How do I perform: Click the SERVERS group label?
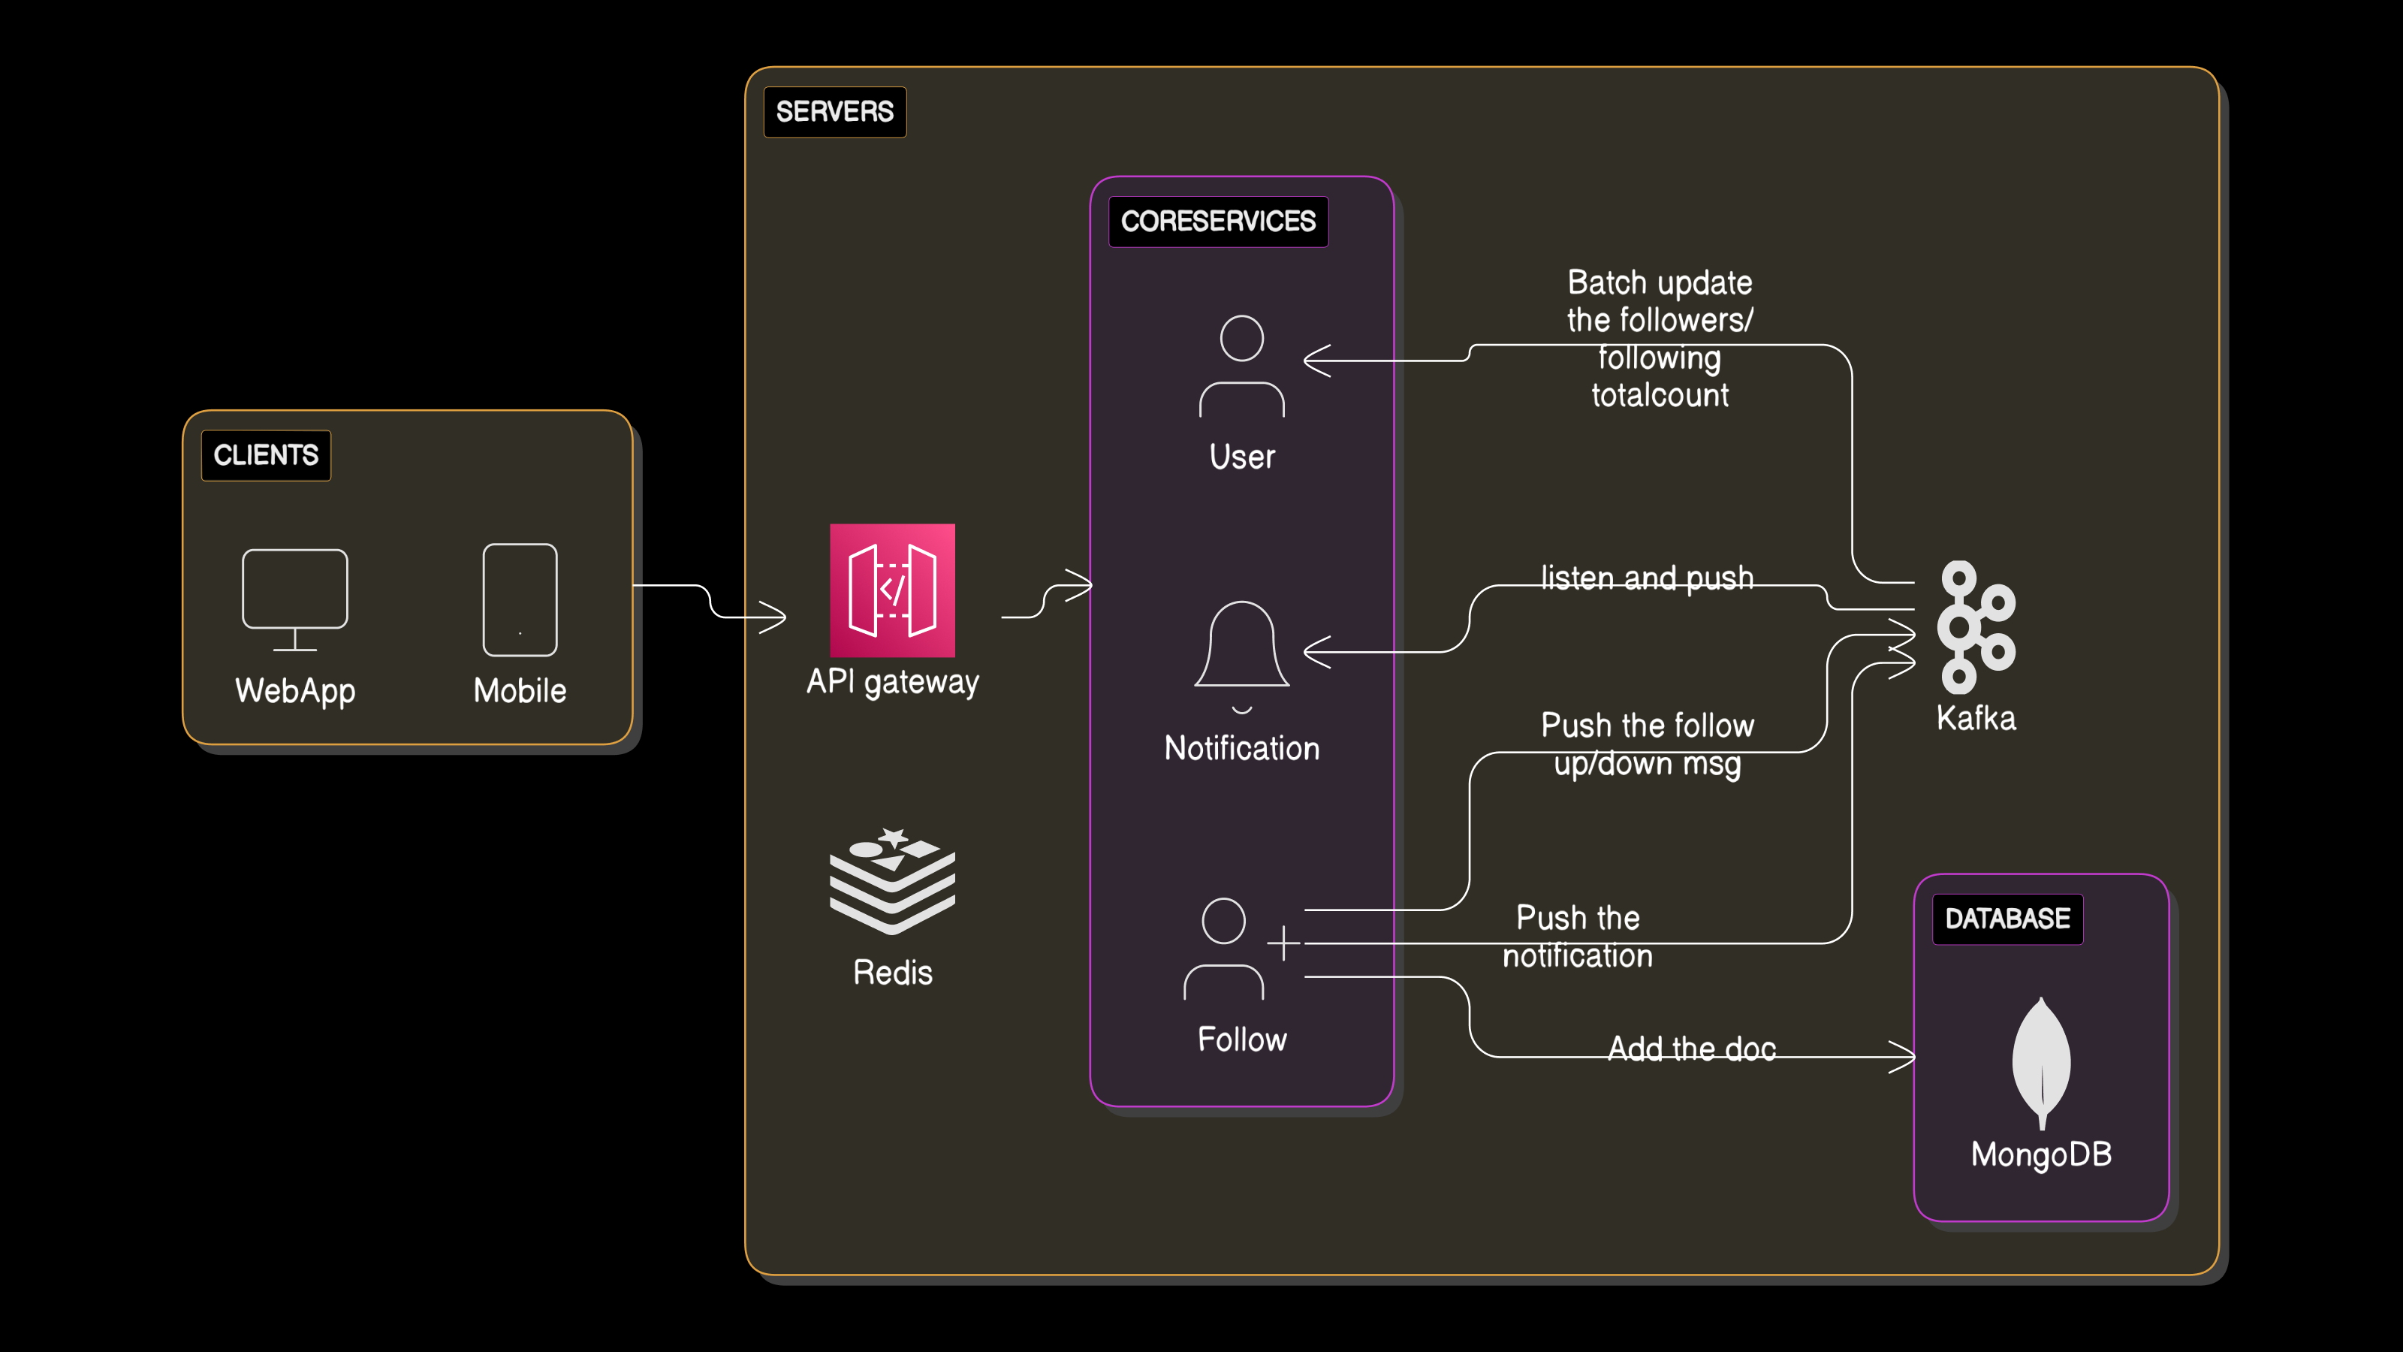click(x=834, y=112)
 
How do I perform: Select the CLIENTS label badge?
click(x=266, y=455)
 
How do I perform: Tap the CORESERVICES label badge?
click(x=1217, y=221)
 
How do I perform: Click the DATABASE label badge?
click(x=2007, y=919)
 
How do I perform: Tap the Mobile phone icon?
click(x=520, y=600)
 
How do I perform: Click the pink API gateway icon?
click(x=892, y=590)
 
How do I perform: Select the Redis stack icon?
click(x=892, y=881)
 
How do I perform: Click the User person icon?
click(x=1241, y=367)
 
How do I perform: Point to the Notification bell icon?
click(x=1241, y=653)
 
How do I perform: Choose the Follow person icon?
click(x=1224, y=949)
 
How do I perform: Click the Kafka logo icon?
click(x=1975, y=627)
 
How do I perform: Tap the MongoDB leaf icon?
click(x=2041, y=1062)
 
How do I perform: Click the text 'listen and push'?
click(x=1647, y=578)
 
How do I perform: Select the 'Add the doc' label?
click(x=1691, y=1049)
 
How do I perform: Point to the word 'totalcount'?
click(x=1660, y=396)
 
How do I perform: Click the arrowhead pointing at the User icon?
click(x=1316, y=361)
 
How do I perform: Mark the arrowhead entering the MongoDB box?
click(x=1904, y=1057)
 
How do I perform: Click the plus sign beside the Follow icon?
click(x=1283, y=943)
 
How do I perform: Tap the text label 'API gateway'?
click(x=892, y=682)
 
